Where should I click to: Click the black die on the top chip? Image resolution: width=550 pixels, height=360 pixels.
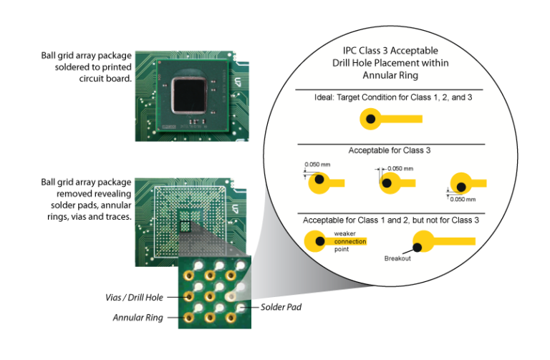[189, 97]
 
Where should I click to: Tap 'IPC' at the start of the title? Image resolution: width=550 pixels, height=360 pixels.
[353, 51]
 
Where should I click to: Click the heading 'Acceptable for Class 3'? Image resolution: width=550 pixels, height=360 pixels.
[390, 150]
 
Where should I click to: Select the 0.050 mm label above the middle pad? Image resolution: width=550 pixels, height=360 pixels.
[400, 169]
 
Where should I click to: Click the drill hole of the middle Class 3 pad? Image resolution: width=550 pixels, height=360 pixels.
[387, 183]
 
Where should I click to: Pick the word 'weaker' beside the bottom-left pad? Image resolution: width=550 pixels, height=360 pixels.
[345, 234]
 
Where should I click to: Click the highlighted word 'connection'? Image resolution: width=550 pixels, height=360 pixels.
[350, 241]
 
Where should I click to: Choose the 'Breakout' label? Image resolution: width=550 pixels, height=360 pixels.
[397, 258]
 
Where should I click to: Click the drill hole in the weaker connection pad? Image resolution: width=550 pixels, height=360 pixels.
[319, 241]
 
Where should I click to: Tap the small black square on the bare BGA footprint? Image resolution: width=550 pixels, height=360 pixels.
[185, 227]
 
